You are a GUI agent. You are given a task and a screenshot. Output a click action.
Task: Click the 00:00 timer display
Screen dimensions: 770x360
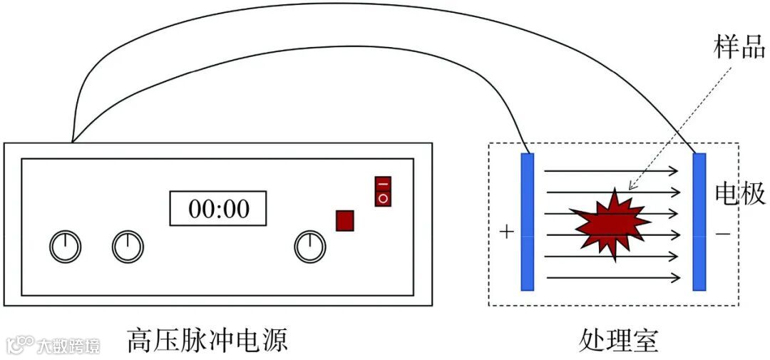click(217, 208)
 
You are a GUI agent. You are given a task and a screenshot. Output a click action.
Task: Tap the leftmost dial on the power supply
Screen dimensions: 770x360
click(65, 247)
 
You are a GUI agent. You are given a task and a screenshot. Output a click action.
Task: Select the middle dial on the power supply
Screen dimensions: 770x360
click(128, 247)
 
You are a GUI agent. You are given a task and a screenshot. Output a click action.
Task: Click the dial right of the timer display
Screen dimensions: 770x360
click(310, 247)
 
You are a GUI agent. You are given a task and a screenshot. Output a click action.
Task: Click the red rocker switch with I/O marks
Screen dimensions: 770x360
click(383, 191)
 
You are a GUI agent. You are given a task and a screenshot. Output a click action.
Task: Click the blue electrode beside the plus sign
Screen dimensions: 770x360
click(528, 222)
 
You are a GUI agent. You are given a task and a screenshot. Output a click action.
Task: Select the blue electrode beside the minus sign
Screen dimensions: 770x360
click(699, 222)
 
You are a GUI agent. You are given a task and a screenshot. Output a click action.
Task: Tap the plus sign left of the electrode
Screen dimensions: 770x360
click(507, 232)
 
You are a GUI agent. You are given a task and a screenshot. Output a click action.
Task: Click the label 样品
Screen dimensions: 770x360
click(739, 48)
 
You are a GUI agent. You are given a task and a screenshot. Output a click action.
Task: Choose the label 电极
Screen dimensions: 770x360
click(740, 194)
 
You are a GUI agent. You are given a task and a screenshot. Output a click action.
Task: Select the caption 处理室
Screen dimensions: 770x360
click(619, 341)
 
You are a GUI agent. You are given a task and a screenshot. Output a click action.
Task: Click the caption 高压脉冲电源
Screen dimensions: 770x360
click(207, 340)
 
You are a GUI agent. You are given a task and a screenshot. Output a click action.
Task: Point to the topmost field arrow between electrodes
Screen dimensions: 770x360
click(612, 171)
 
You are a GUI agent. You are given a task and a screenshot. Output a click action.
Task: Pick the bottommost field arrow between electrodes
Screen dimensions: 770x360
click(612, 277)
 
